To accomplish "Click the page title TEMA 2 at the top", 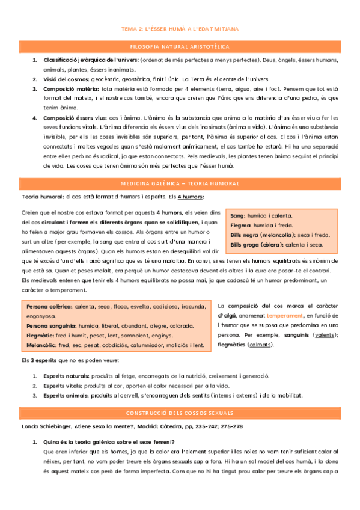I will (x=180, y=28).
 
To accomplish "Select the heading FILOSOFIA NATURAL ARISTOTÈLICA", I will (x=180, y=46).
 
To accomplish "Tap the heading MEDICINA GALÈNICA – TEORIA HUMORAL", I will (x=180, y=182).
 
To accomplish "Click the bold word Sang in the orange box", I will (x=237, y=215).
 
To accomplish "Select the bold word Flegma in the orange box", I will (x=240, y=225).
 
